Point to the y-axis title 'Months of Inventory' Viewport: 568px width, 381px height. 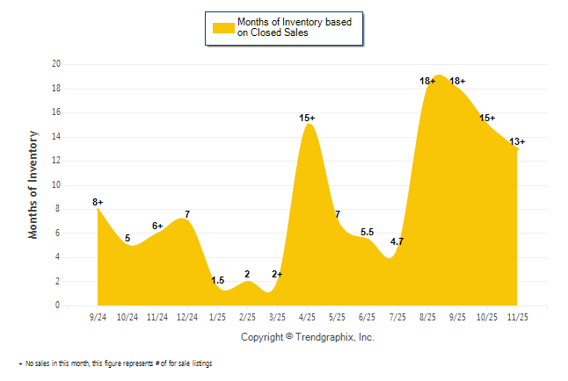point(33,184)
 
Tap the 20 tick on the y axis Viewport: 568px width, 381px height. point(55,64)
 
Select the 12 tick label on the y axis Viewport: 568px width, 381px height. point(55,161)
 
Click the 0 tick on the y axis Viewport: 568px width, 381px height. point(57,306)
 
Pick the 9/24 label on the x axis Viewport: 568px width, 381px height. point(98,315)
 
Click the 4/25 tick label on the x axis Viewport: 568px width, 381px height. point(308,315)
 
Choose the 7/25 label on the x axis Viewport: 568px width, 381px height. point(397,315)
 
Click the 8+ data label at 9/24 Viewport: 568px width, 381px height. point(98,203)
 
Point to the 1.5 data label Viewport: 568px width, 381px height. point(218,280)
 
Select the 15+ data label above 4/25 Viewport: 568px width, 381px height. point(307,118)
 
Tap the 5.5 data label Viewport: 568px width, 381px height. point(367,232)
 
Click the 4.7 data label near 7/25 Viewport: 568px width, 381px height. point(397,241)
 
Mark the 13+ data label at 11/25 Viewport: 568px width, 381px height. point(517,141)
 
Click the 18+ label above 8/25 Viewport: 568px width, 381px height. point(427,81)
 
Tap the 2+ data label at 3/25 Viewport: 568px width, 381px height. point(277,275)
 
